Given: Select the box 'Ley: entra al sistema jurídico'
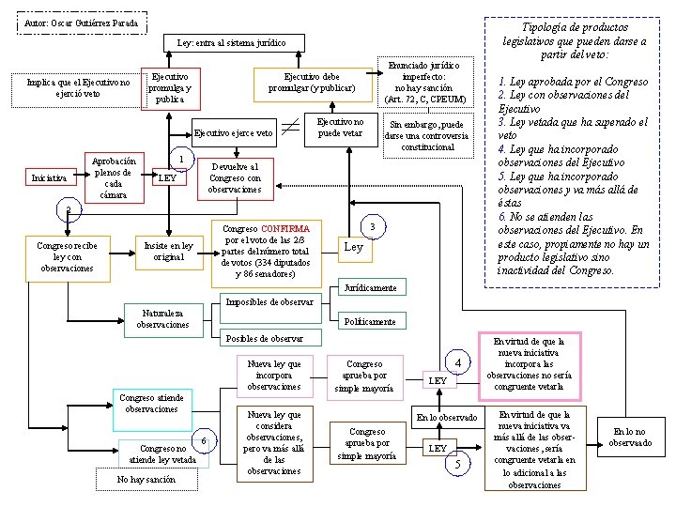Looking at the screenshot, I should click(231, 42).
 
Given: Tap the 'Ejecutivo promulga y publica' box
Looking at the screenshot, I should click(169, 87).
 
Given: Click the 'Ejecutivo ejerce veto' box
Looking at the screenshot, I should click(234, 133).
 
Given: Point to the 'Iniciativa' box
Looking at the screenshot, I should click(49, 177).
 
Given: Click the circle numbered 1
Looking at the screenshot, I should click(181, 158).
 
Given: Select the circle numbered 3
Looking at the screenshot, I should click(373, 226).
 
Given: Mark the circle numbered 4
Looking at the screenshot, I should click(457, 363).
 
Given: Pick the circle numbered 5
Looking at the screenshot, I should click(457, 464).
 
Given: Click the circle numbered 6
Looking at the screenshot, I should click(204, 441).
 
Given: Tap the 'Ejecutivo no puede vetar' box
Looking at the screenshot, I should click(340, 128).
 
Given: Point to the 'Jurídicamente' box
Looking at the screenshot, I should click(370, 287).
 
